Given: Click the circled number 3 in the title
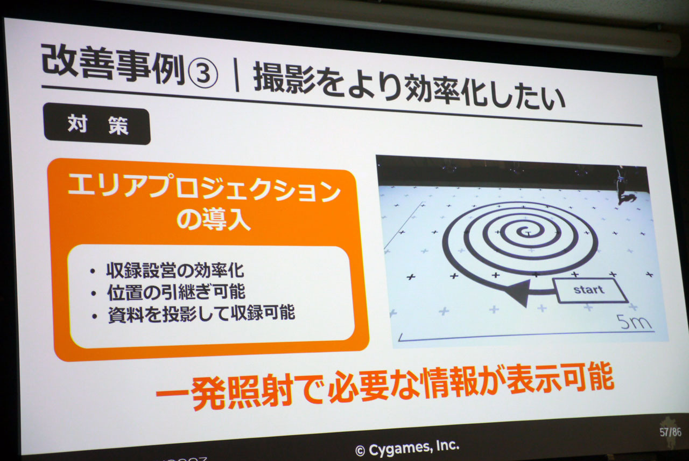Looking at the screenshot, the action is [x=203, y=73].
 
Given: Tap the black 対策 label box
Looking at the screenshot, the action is [x=97, y=124].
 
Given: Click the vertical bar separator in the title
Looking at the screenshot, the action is [x=236, y=75].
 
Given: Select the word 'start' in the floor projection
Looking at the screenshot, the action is [x=589, y=290].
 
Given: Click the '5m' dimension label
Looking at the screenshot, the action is [x=634, y=322].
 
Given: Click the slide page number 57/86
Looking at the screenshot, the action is [x=670, y=432].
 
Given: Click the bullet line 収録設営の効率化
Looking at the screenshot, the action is [x=175, y=270].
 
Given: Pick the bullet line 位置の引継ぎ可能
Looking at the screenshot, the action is [x=176, y=292].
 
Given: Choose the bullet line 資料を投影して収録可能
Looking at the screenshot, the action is [x=201, y=313].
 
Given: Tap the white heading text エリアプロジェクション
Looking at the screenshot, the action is [x=204, y=188].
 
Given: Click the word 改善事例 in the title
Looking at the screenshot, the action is [x=113, y=65].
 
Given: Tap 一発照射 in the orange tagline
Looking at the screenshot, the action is [x=224, y=391].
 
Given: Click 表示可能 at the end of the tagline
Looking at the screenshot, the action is [x=560, y=379].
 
